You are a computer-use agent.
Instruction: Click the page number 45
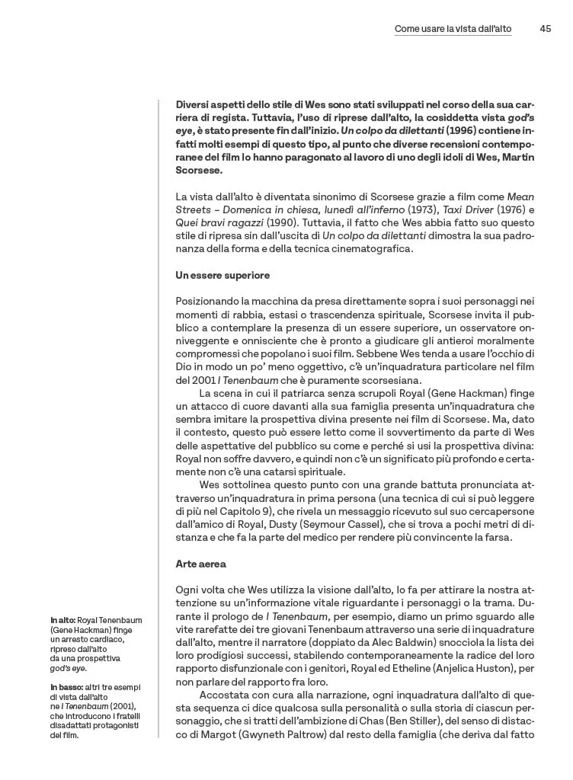tap(545, 29)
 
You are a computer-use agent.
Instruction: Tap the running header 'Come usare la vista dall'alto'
tap(453, 29)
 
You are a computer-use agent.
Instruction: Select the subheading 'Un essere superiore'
tap(222, 275)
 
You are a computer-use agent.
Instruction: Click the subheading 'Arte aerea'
tap(200, 564)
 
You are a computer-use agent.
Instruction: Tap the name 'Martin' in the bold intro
tap(518, 157)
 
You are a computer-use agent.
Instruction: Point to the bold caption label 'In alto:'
tap(63, 620)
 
